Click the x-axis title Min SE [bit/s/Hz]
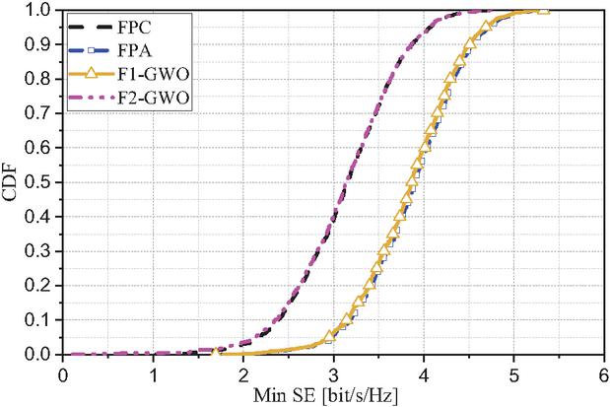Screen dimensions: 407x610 (333, 394)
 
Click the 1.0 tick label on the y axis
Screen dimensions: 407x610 (42, 11)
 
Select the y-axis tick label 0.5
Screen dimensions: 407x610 (42, 182)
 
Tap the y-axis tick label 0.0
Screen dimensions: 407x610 (42, 354)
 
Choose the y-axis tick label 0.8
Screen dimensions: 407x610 (42, 80)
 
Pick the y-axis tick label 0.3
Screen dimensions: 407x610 (42, 251)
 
